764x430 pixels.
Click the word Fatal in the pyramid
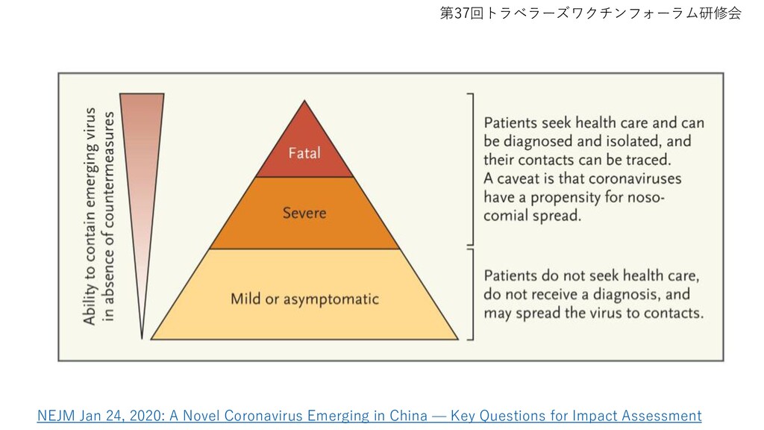(304, 153)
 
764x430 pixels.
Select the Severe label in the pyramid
(304, 213)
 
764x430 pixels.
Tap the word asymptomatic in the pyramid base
(331, 299)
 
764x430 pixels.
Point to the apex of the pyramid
(304, 101)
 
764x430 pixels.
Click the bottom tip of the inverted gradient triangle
(142, 338)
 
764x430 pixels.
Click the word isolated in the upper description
(633, 141)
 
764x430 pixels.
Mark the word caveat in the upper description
(518, 178)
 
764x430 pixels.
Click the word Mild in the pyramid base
(245, 299)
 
